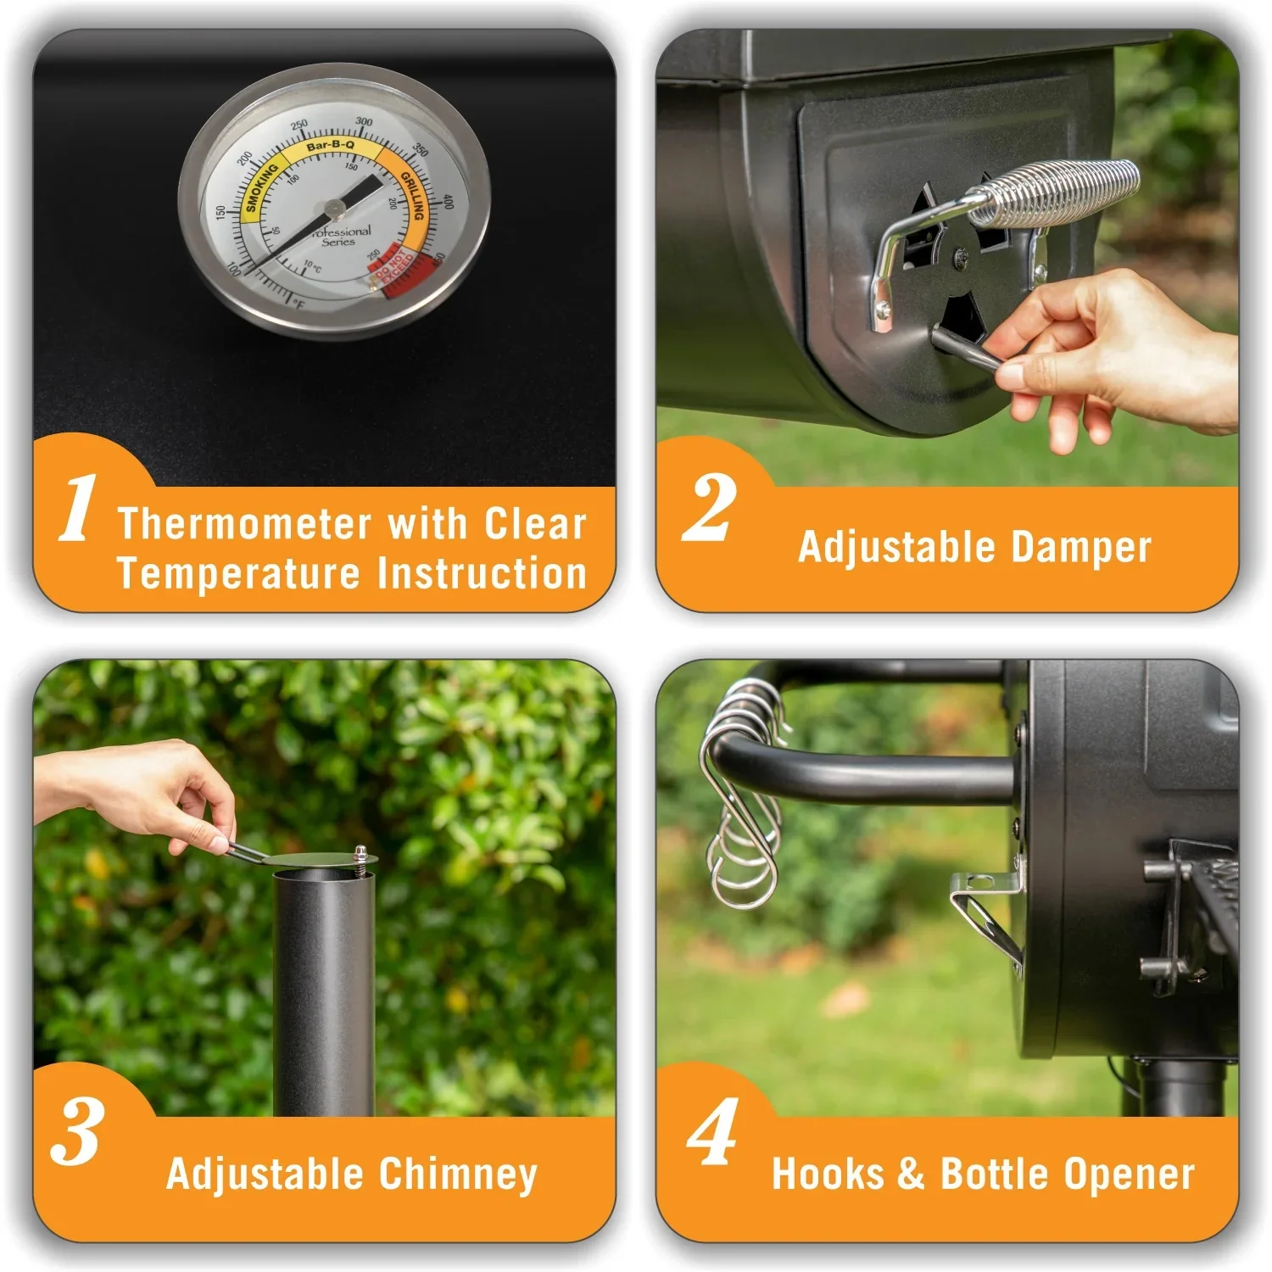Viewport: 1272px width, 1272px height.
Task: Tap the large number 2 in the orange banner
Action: pyautogui.click(x=709, y=509)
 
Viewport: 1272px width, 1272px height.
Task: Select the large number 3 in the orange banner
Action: pyautogui.click(x=78, y=1133)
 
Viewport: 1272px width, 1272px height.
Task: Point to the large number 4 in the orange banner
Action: pyautogui.click(x=712, y=1133)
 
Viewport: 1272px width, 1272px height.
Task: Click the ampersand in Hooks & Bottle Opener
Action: pyautogui.click(x=911, y=1174)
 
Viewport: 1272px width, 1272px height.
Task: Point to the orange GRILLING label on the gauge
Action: pyautogui.click(x=413, y=195)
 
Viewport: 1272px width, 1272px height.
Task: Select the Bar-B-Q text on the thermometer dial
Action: pyautogui.click(x=331, y=146)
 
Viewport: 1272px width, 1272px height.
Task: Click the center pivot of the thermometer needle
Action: pyautogui.click(x=333, y=206)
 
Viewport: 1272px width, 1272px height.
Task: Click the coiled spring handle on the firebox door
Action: pyautogui.click(x=1056, y=192)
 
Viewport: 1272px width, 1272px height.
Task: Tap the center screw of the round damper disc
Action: pyautogui.click(x=960, y=254)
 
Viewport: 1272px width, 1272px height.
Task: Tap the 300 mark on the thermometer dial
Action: pyautogui.click(x=364, y=121)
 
